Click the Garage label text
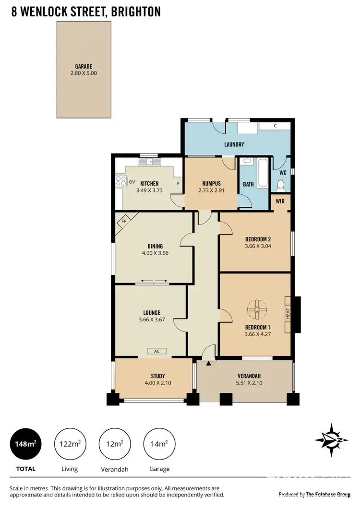tap(84, 67)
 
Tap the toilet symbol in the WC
tap(281, 185)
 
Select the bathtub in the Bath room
tap(262, 173)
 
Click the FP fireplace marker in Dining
tap(124, 222)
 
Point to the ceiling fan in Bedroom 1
tap(257, 309)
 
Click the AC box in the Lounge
tap(156, 351)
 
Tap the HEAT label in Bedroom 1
tap(288, 314)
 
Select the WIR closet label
tap(280, 201)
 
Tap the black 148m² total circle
tap(26, 444)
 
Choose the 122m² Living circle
tap(70, 444)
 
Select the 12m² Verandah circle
tap(115, 444)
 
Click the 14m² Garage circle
tap(159, 444)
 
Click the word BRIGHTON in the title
tap(136, 12)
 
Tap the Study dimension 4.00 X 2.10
tap(155, 383)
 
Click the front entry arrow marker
tap(208, 364)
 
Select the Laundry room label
tap(234, 144)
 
